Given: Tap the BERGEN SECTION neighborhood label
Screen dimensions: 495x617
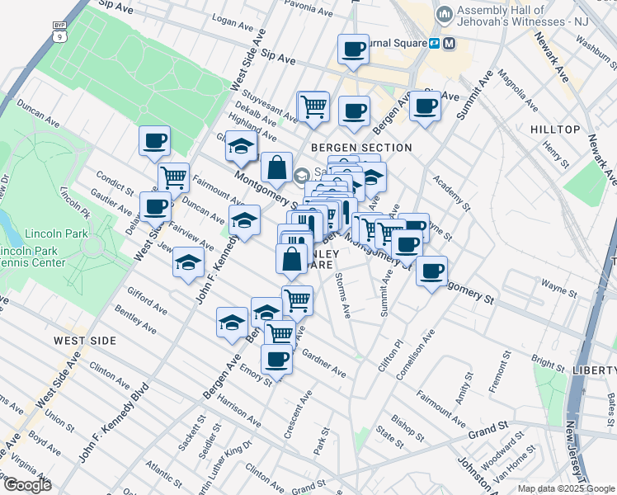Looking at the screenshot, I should (x=360, y=148).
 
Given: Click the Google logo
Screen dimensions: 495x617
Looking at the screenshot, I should (x=26, y=485).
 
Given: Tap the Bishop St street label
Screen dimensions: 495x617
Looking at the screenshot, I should (x=407, y=406).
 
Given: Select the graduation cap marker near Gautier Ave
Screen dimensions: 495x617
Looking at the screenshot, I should (x=188, y=262).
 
